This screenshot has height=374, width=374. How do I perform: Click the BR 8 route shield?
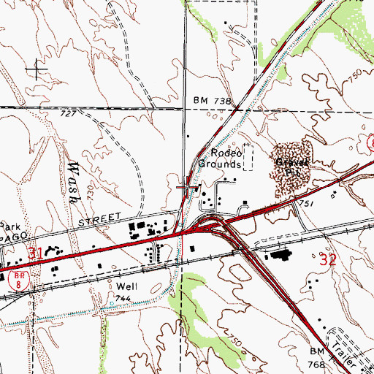(x=16, y=276)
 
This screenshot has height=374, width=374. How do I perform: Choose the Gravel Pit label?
(x=289, y=162)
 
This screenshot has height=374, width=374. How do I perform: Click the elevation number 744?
(x=122, y=299)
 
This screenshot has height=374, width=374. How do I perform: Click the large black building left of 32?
(x=278, y=256)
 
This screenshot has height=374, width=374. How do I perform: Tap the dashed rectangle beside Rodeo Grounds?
(x=248, y=157)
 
